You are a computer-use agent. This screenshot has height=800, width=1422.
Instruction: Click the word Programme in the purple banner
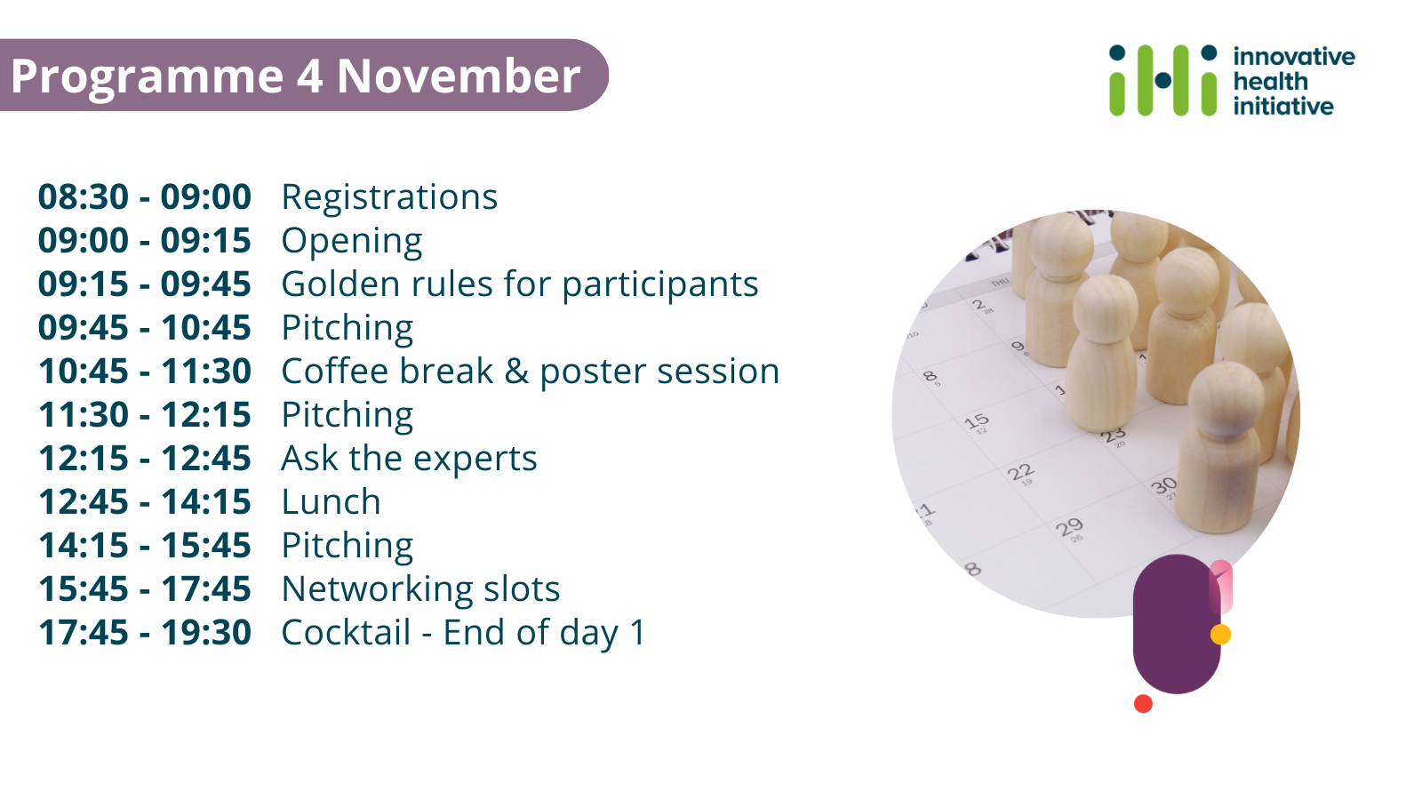point(148,77)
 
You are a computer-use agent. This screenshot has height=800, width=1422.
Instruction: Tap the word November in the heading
point(459,76)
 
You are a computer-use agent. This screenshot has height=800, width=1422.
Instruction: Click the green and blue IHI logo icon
point(1163,80)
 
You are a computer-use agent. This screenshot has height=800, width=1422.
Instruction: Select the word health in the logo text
point(1261,81)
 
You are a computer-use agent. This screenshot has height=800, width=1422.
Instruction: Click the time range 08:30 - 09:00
point(145,196)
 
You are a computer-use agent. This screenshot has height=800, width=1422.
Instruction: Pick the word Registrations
point(389,197)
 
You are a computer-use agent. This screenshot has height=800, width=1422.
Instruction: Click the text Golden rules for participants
point(519,285)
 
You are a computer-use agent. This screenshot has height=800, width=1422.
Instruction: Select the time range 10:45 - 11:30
point(145,371)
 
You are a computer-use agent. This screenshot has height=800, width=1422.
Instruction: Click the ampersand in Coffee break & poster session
point(516,372)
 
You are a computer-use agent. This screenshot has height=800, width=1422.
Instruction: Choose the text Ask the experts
point(409,459)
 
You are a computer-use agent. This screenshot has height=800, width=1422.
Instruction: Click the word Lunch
point(331,501)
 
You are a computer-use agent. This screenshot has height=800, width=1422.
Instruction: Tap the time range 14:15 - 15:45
point(145,546)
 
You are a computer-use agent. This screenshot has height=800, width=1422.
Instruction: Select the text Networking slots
point(420,588)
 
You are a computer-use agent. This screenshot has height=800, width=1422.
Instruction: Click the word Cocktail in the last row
point(346,632)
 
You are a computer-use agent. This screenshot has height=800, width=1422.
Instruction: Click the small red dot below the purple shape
point(1143,703)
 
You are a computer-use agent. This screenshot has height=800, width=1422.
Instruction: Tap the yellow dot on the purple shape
point(1221,635)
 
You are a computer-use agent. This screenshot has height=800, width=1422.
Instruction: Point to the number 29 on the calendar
point(1069,527)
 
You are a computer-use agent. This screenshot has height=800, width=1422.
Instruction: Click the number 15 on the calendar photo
point(977,421)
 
